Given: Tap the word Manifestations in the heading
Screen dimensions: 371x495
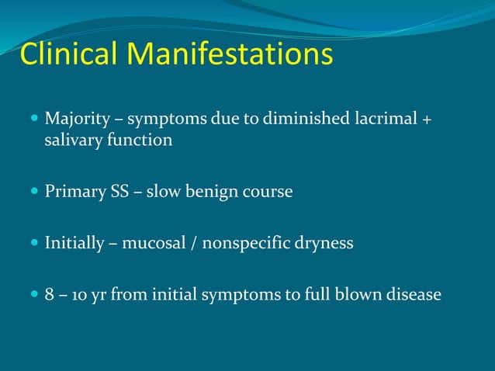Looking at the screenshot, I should [230, 54].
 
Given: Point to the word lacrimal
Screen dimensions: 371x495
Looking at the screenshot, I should [376, 120].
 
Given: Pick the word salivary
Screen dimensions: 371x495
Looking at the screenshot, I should [74, 140].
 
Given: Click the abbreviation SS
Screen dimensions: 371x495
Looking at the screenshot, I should [118, 191].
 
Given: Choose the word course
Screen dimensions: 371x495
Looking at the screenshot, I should [266, 191].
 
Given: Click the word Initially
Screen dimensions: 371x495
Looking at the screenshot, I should [74, 243].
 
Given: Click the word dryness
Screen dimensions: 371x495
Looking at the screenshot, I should [326, 243].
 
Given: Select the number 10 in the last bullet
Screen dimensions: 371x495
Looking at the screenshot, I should [78, 295].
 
